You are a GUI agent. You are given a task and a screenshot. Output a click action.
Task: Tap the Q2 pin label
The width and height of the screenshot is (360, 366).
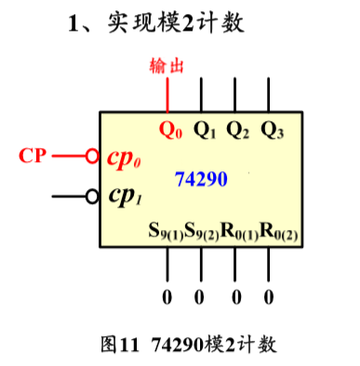click(237, 129)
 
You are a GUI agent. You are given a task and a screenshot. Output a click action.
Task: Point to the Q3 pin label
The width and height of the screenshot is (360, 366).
click(272, 129)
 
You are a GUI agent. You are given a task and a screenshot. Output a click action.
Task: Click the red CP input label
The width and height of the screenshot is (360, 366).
click(33, 156)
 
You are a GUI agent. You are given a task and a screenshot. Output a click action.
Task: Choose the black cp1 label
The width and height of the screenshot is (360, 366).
click(127, 197)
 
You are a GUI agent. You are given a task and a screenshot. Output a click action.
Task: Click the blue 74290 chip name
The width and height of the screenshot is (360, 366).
click(201, 178)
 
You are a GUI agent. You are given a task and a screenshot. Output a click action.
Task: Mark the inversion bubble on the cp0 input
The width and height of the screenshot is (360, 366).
click(92, 156)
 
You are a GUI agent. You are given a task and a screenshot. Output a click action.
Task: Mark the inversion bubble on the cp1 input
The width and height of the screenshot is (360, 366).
click(92, 197)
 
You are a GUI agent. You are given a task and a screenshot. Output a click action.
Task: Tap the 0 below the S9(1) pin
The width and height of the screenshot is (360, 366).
click(168, 298)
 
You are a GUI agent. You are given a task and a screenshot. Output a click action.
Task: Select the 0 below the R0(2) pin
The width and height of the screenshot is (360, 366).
click(270, 298)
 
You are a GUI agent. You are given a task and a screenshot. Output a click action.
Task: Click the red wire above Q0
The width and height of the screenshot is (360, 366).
click(168, 95)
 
